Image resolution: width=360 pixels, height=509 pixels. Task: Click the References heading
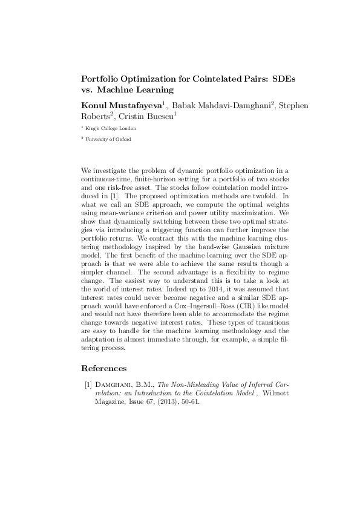103,368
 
